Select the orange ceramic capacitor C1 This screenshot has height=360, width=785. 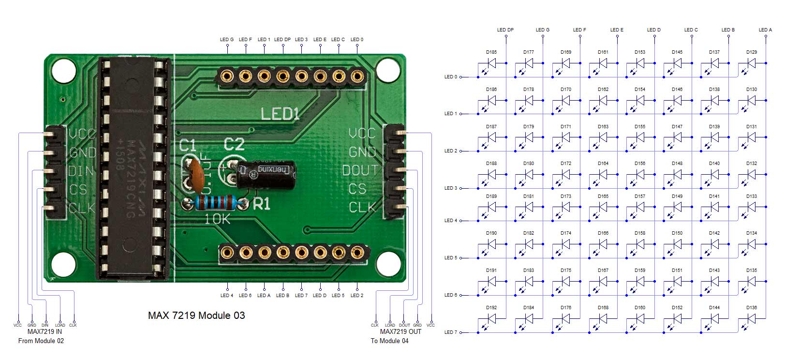click(x=195, y=170)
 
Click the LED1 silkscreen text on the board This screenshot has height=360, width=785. click(x=280, y=114)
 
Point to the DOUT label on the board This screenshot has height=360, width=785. click(x=359, y=170)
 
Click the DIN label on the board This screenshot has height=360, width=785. click(x=81, y=171)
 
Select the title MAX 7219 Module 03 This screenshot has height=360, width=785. click(x=196, y=315)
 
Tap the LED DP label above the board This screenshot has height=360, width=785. click(x=282, y=40)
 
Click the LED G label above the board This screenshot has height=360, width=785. click(x=226, y=40)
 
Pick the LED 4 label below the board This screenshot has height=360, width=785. click(x=226, y=295)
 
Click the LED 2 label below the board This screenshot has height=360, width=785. click(x=357, y=295)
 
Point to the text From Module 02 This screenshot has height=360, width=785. click(x=41, y=341)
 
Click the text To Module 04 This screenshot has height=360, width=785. click(x=389, y=341)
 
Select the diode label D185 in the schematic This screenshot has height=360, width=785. click(x=491, y=52)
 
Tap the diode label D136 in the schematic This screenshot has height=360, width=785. click(x=751, y=308)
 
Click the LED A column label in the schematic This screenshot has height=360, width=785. click(x=765, y=30)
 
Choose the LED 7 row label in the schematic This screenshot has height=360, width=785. click(x=450, y=332)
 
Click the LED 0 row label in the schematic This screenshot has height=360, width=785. click(x=450, y=77)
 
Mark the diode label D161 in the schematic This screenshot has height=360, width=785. click(x=603, y=52)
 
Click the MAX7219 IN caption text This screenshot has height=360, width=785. click(x=44, y=332)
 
